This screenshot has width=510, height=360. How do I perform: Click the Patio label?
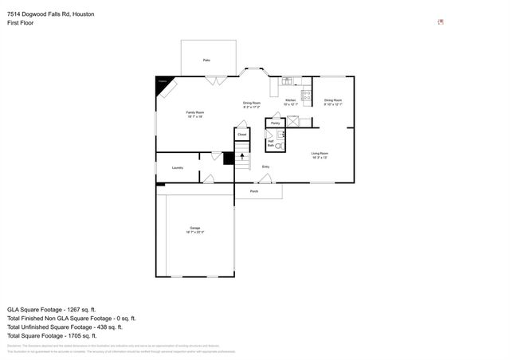click(x=206, y=61)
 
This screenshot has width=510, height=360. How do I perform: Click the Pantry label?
click(x=275, y=123)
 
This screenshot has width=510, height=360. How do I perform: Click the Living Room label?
click(x=320, y=155)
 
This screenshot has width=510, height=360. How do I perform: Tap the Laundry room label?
click(x=177, y=167)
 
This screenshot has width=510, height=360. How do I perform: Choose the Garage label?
click(x=194, y=230)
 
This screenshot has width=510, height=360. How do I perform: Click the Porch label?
click(x=254, y=191)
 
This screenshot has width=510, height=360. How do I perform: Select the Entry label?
click(x=265, y=166)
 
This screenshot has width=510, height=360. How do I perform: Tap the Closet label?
click(x=242, y=135)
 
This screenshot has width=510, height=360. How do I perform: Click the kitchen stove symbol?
click(x=305, y=93)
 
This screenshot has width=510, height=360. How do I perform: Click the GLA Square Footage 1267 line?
click(x=52, y=309)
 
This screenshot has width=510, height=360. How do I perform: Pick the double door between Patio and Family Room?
click(x=214, y=80)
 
